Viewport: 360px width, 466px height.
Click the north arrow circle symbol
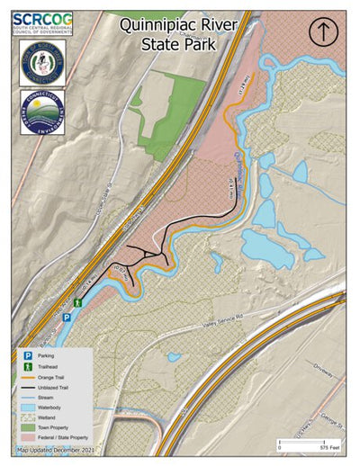click(x=322, y=31)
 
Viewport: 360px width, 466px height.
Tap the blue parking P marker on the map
click(x=66, y=318)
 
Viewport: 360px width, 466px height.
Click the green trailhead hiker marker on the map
click(x=79, y=304)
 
